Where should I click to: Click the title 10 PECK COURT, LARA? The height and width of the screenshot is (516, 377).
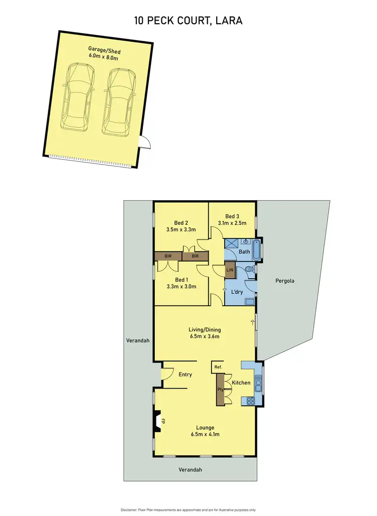point(188,21)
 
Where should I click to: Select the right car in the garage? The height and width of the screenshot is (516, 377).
point(118,101)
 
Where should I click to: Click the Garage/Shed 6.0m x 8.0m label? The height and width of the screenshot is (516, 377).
point(104,54)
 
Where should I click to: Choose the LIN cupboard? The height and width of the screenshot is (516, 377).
point(230,271)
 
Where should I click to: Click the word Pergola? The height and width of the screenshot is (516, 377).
point(285,281)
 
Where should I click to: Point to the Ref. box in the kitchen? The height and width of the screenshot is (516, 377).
point(218,367)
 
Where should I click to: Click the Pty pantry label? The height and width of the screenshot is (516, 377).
point(220,390)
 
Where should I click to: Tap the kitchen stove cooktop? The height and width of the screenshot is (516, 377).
point(250,401)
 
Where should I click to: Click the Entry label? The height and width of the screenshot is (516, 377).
point(185,374)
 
